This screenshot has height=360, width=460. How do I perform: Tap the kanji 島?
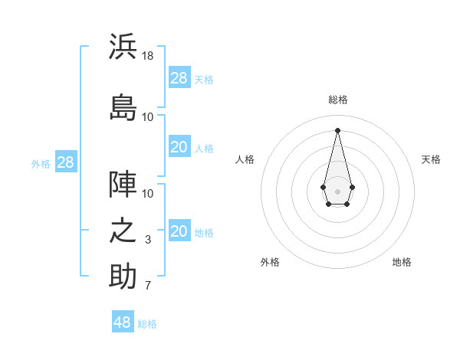[x=123, y=107]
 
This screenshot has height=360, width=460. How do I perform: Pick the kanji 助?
[x=123, y=277]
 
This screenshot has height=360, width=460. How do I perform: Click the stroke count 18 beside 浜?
[x=148, y=56]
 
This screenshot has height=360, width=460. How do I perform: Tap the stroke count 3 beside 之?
[x=148, y=241]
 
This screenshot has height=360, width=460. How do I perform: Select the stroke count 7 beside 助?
[x=148, y=287]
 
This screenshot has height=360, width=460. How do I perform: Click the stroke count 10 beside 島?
[x=148, y=117]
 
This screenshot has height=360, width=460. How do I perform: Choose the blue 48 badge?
[x=122, y=322]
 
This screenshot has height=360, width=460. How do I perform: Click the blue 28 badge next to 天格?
[x=179, y=78]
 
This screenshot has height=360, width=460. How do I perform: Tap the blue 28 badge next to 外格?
[x=65, y=162]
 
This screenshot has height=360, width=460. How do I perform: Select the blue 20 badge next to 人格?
[x=179, y=147]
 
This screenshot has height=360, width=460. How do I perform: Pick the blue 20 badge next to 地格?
[x=179, y=232]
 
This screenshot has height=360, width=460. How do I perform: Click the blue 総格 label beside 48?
[x=147, y=324]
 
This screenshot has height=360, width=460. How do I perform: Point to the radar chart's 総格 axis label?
[x=338, y=100]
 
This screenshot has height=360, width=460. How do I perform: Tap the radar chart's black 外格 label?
[x=270, y=263]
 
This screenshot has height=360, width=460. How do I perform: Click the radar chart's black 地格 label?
[x=402, y=263]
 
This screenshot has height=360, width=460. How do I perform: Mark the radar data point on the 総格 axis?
[x=337, y=129]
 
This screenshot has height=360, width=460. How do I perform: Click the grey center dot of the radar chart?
[x=337, y=190]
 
